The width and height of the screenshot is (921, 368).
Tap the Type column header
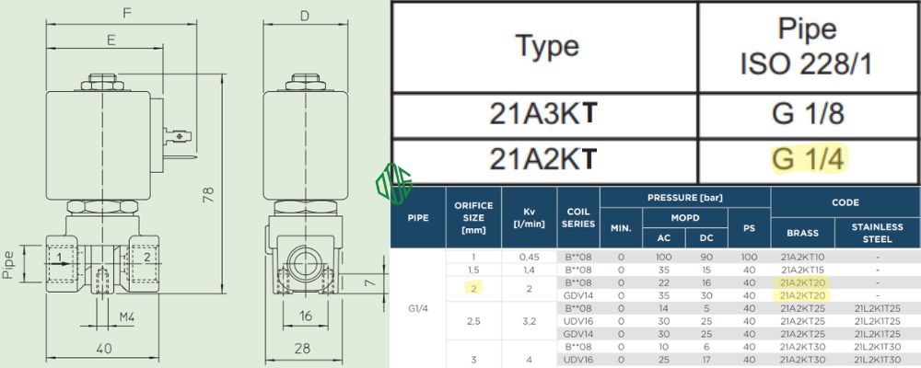[x=546, y=46]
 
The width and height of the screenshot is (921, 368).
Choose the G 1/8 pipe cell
[x=807, y=115]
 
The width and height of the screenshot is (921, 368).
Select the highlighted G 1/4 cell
[x=807, y=160]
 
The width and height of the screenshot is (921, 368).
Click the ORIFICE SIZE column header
[x=472, y=217]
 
